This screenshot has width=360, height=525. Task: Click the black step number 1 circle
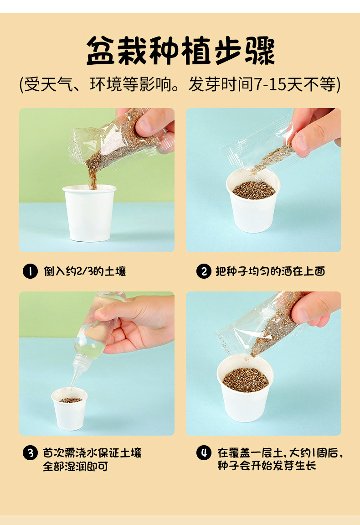coord(30,271)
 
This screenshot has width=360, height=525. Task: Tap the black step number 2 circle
coord(204,271)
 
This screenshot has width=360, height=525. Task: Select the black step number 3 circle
coord(30,452)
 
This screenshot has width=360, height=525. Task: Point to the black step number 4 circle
coord(204,452)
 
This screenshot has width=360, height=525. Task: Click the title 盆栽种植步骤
coord(180,51)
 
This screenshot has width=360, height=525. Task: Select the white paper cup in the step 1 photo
coord(89,213)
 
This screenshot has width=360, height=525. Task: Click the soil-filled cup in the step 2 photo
coord(253,201)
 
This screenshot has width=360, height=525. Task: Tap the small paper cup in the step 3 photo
coord(70,409)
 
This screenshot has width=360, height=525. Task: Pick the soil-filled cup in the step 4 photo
coord(245,389)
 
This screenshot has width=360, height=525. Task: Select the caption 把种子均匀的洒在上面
coord(270,271)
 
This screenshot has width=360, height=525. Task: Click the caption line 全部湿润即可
coord(76,466)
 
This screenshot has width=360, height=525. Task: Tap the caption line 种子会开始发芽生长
coord(267,465)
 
